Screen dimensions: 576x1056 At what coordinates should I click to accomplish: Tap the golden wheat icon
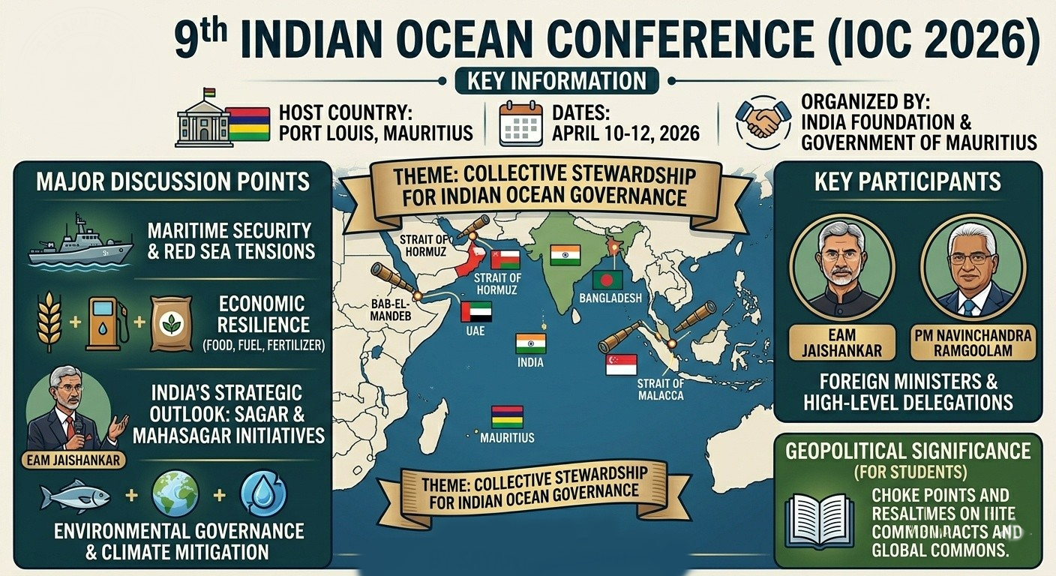click(49, 323)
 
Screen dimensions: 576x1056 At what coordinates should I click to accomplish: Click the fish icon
click(74, 496)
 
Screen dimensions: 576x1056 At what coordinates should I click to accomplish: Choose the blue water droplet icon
click(263, 496)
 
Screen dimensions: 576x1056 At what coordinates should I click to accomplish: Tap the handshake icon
click(762, 122)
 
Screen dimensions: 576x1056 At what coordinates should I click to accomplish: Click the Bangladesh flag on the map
click(607, 280)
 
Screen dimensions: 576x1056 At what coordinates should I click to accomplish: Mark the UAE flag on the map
click(476, 311)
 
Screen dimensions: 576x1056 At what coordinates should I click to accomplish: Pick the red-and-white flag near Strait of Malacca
click(621, 364)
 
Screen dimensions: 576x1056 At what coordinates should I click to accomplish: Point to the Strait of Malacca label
click(660, 389)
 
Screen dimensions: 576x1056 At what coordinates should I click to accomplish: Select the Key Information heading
click(556, 80)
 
